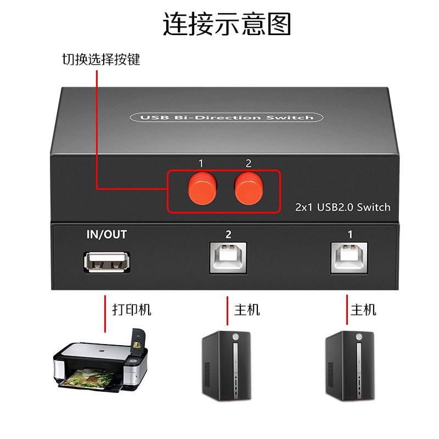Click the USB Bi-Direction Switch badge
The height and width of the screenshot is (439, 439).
[226, 117]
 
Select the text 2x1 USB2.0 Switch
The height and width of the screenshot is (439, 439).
[343, 207]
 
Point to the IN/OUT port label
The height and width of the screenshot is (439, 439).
[106, 235]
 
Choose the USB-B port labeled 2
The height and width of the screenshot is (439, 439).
[228, 257]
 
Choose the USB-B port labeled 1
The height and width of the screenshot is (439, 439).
[350, 257]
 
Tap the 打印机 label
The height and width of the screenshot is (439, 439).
[132, 309]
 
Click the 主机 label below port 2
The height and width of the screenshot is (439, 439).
[247, 309]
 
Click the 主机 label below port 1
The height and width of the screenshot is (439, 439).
[364, 309]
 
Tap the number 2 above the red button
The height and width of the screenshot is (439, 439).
[249, 163]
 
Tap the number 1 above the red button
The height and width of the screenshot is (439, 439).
[201, 163]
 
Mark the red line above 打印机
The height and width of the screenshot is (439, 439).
[105, 313]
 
